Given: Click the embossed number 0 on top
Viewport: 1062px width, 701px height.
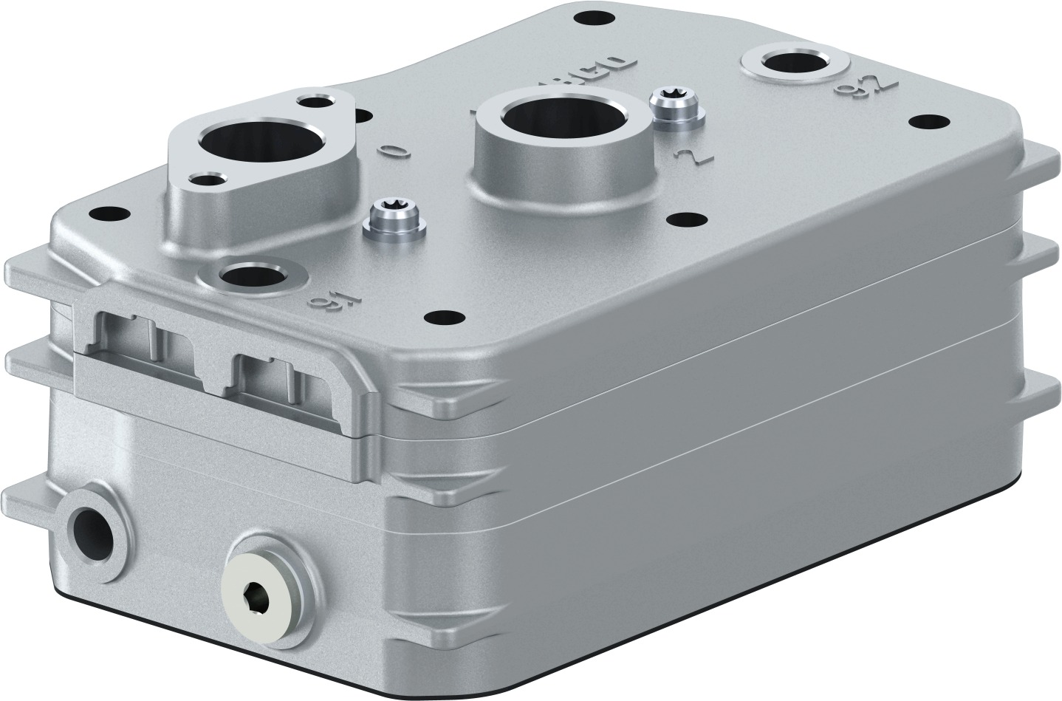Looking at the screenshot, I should coord(393,151).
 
